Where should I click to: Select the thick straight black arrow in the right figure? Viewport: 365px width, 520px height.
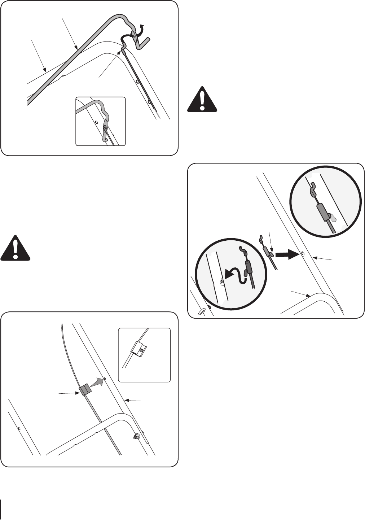click(286, 254)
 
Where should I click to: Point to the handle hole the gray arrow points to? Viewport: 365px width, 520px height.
click(105, 379)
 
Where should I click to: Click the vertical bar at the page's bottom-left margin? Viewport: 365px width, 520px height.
click(2, 509)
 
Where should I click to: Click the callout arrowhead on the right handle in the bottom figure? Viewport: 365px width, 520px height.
click(126, 400)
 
